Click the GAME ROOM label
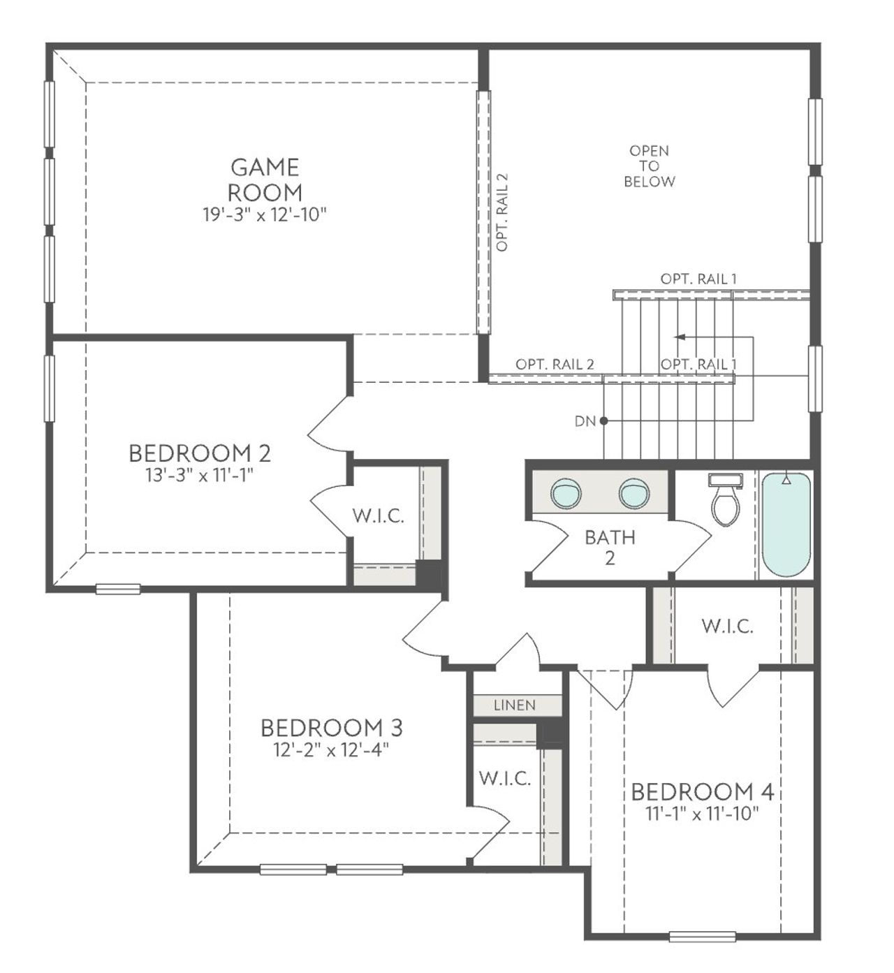click(265, 180)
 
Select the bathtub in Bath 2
click(786, 525)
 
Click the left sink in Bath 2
click(566, 493)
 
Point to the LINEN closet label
click(515, 705)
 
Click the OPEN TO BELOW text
click(650, 166)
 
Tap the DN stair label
click(585, 421)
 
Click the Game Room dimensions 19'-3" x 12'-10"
click(265, 214)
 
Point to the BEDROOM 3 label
click(331, 728)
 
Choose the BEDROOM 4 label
click(702, 791)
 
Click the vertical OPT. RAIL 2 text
click(502, 212)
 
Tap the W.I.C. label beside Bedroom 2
click(378, 516)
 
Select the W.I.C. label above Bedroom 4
click(727, 627)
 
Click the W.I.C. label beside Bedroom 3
click(505, 778)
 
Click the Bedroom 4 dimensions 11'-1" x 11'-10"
click(702, 813)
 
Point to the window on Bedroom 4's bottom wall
click(702, 937)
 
